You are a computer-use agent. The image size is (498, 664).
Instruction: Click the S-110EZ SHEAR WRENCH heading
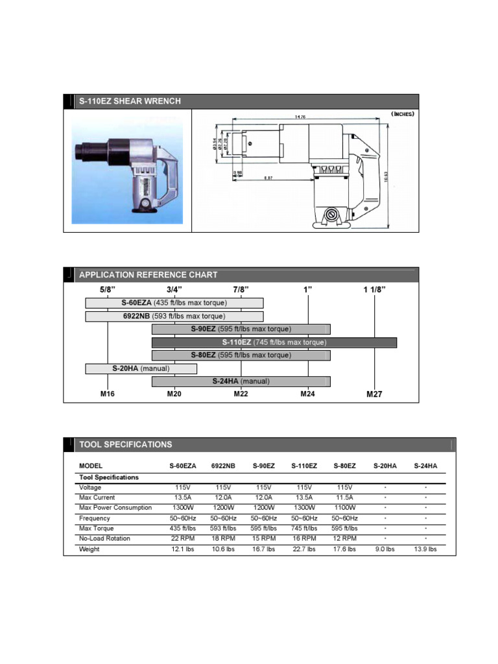tap(130, 101)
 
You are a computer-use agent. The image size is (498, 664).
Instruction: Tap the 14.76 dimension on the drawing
tap(300, 117)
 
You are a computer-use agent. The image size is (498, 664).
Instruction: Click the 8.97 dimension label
tap(268, 177)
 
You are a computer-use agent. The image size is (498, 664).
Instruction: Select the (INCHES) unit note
tap(402, 113)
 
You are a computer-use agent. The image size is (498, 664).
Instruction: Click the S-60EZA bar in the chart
tap(174, 303)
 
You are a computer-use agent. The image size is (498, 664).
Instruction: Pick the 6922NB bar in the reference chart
tap(174, 316)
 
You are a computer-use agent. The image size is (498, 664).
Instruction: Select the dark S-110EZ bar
tap(274, 342)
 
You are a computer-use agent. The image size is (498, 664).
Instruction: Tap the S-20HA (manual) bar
tap(141, 368)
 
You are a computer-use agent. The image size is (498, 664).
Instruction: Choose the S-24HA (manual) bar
tap(241, 381)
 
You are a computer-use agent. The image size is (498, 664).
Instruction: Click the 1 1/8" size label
tap(374, 289)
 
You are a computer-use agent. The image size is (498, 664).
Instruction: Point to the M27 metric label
tap(374, 394)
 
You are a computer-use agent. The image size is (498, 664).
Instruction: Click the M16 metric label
tap(108, 394)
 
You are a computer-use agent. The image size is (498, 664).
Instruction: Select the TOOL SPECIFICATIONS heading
tap(126, 444)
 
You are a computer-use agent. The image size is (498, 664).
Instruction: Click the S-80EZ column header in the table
tap(344, 466)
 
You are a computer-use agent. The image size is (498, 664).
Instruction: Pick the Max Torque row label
tap(97, 528)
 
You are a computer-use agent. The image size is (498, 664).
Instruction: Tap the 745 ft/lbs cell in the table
tap(303, 528)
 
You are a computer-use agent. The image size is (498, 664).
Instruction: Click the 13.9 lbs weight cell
tap(425, 549)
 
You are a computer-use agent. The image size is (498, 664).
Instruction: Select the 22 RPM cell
tap(184, 538)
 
